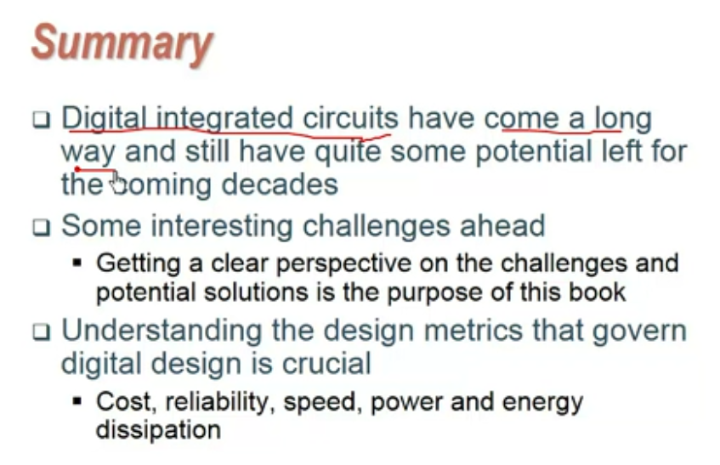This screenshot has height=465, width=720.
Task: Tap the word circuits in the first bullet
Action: click(x=350, y=118)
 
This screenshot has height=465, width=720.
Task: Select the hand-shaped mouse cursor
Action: click(x=118, y=183)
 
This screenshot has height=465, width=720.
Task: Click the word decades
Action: click(x=280, y=184)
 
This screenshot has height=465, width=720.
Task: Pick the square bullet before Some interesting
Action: click(x=42, y=227)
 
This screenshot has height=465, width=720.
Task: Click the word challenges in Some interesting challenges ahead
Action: click(x=377, y=226)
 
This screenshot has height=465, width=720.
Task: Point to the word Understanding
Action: click(x=162, y=331)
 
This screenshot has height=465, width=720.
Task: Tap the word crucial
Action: click(x=326, y=363)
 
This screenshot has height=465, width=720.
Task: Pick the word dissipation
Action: click(x=158, y=430)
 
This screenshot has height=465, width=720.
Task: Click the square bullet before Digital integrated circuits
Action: click(x=42, y=119)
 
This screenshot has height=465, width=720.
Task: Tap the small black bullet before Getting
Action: click(x=77, y=263)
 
